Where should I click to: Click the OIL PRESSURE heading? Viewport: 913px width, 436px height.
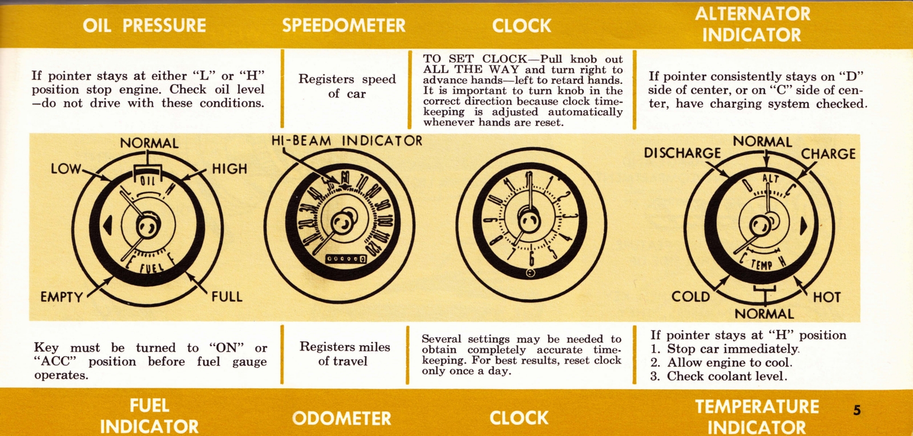[x=144, y=25]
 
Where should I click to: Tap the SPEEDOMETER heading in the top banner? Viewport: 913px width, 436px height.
[x=344, y=25]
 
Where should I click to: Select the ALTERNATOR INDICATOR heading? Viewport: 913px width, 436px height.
[x=752, y=24]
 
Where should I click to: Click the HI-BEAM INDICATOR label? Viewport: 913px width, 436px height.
[x=346, y=141]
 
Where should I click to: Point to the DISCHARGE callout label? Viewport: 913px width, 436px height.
[x=682, y=153]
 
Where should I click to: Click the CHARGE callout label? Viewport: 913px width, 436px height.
[x=828, y=154]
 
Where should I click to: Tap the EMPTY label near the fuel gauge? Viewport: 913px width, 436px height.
[x=61, y=297]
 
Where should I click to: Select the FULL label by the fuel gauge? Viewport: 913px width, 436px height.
[x=227, y=297]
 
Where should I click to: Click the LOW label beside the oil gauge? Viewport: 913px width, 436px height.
[x=66, y=169]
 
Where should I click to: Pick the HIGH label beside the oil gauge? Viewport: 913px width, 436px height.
[x=229, y=169]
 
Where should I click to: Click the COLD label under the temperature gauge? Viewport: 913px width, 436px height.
[x=690, y=297]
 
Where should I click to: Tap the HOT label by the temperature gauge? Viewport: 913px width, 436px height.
[x=827, y=297]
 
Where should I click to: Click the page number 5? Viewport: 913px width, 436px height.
[x=857, y=410]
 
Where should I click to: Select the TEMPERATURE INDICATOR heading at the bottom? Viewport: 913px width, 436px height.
[x=757, y=416]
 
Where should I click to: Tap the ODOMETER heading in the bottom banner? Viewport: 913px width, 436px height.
[x=341, y=418]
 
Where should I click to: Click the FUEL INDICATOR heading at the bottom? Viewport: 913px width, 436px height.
[x=149, y=415]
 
